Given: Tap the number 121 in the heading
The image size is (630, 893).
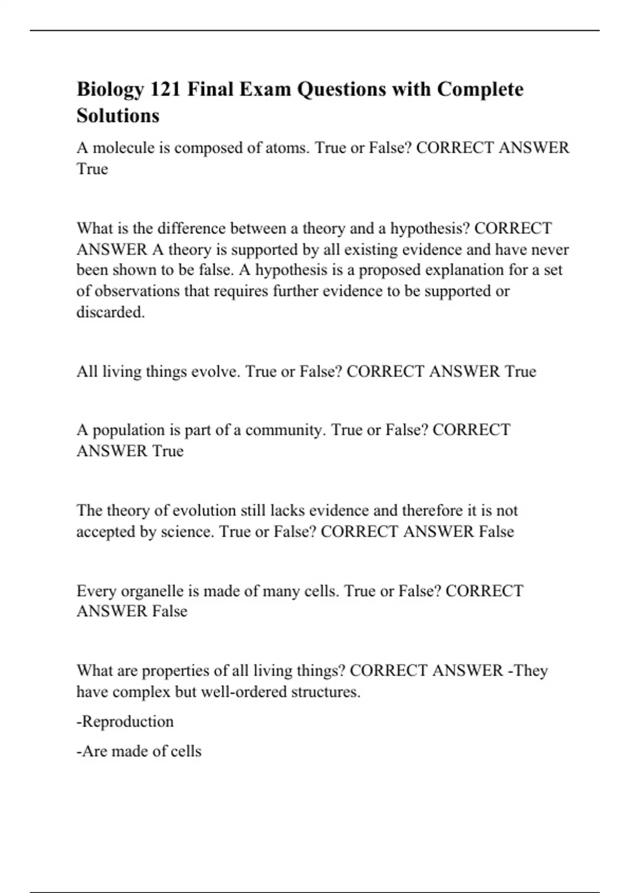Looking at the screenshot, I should pos(165,89).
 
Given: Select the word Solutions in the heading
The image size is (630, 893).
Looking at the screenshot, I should pos(118,116).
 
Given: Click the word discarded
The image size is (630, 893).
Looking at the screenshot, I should pos(111,312).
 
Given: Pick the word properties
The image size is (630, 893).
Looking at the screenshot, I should pos(175,671).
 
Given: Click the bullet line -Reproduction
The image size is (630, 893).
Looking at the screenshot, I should pos(125,722).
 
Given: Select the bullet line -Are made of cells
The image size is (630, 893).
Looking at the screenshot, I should pos(139,751).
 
